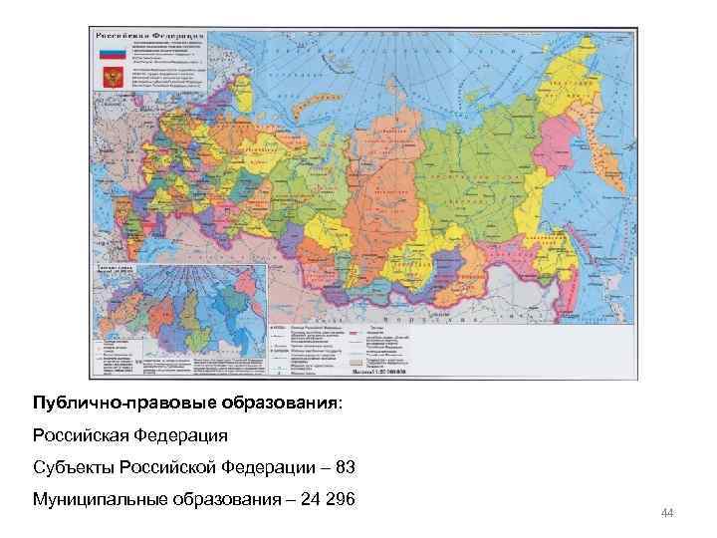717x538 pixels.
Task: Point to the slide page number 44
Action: [x=667, y=512]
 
